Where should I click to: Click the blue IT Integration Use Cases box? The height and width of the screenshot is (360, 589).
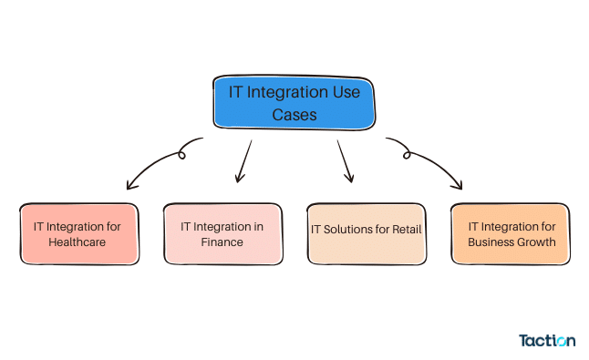294,102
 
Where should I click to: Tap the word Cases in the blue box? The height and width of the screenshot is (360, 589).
294,115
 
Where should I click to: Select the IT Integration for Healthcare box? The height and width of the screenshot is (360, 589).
77,234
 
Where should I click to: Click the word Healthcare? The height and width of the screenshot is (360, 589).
77,242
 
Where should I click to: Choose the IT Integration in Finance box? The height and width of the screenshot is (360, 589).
222,234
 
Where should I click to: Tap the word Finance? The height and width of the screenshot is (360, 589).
222,242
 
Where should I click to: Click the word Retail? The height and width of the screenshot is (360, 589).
405,229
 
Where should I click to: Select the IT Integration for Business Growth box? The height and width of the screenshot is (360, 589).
511,234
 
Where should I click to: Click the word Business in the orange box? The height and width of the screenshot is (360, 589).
491,242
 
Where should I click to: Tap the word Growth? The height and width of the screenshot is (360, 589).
535,242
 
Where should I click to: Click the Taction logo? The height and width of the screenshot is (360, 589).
547,341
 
